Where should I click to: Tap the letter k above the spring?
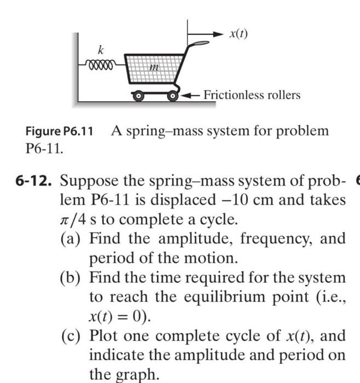(x=100, y=50)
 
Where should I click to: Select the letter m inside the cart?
(x=155, y=68)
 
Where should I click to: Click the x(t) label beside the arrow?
(x=239, y=33)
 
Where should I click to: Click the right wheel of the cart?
(x=174, y=97)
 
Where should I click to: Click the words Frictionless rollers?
(x=252, y=95)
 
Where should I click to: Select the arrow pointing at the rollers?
(x=191, y=96)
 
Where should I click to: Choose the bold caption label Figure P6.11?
(x=59, y=131)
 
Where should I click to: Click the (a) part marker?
(x=72, y=239)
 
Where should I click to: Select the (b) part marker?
(x=72, y=277)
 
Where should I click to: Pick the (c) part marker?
(x=72, y=335)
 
